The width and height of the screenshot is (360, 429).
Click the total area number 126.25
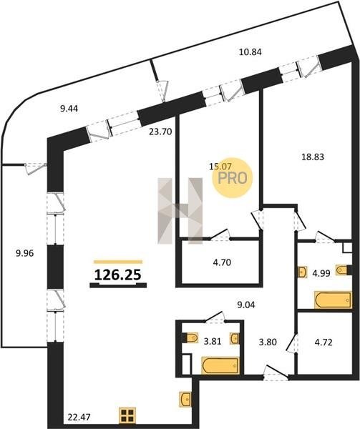click(117, 275)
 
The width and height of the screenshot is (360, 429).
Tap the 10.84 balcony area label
click(250, 51)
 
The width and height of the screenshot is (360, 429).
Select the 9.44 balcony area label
click(69, 109)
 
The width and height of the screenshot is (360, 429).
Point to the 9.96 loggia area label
click(24, 253)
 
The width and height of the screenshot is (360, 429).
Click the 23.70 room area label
click(160, 132)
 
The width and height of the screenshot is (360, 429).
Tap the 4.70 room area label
click(222, 262)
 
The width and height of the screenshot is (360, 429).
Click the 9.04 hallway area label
click(245, 305)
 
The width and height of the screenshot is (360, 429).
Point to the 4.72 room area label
click(323, 342)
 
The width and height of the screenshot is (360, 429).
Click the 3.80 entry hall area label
click(268, 342)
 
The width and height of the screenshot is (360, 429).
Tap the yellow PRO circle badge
click(233, 178)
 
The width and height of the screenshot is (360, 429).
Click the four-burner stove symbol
click(127, 415)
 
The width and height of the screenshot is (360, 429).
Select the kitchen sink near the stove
click(185, 399)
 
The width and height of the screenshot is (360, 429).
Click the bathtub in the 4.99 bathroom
click(334, 300)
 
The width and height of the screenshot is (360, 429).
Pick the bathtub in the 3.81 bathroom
click(220, 365)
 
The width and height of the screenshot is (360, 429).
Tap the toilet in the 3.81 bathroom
click(193, 338)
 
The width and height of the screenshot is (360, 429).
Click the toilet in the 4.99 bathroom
click(341, 270)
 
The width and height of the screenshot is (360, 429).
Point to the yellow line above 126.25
click(118, 262)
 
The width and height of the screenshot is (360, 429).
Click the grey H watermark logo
click(180, 211)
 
